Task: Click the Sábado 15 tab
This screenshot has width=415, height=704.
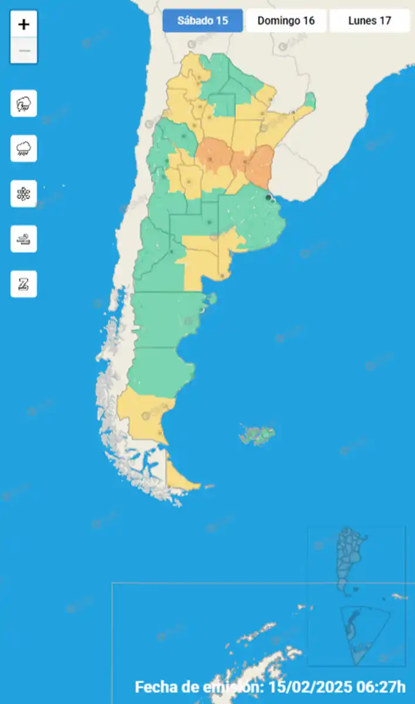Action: (x=202, y=21)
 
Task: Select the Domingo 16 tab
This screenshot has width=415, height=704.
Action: (x=286, y=21)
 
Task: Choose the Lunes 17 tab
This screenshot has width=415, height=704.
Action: (x=369, y=21)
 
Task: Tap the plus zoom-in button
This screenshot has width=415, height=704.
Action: (x=24, y=25)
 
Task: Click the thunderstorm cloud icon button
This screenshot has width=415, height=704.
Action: (x=24, y=104)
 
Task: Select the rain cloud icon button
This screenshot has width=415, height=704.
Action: (x=24, y=148)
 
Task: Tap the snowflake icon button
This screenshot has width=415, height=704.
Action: (x=24, y=194)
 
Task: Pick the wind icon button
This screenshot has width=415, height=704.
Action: (x=24, y=239)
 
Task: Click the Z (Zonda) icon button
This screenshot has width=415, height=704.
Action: (x=24, y=284)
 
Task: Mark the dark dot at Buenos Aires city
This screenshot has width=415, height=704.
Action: (x=268, y=198)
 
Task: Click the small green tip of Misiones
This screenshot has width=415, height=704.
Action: (x=309, y=101)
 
